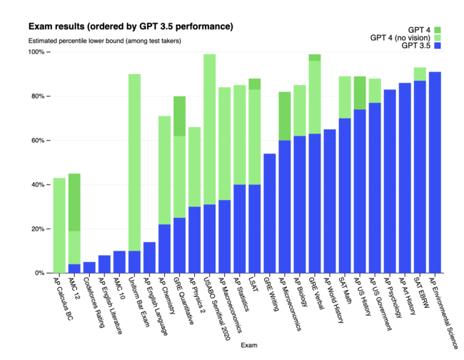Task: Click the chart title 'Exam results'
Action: click(x=130, y=26)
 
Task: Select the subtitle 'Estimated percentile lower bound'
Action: click(x=104, y=41)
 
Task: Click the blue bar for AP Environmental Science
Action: click(x=435, y=172)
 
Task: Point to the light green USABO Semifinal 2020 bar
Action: click(x=209, y=129)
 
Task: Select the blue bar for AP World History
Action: click(x=330, y=201)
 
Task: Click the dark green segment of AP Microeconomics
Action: click(x=284, y=116)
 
